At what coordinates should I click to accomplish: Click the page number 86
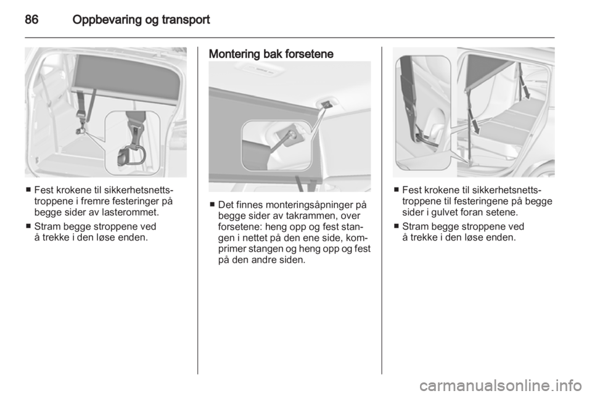point(31,19)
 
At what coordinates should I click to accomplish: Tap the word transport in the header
point(184,20)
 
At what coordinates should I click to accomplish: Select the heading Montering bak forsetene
point(271,54)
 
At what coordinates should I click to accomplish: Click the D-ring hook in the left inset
point(132,155)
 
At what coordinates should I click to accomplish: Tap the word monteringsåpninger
point(307,205)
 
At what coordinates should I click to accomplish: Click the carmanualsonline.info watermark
point(501,386)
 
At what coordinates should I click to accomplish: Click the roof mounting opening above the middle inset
point(326,104)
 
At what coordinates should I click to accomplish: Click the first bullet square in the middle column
point(212,205)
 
